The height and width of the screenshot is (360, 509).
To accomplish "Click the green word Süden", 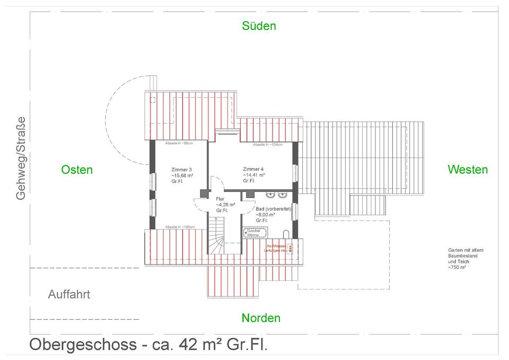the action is coord(259,26).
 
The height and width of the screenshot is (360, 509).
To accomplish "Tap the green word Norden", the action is coord(261,318).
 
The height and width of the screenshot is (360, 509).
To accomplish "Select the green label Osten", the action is coord(77,170).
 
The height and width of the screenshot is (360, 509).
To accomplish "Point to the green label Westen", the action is coord(468,170).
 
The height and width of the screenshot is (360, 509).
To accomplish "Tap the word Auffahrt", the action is coord(69,294).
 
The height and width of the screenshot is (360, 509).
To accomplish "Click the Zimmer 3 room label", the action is coord(181,169).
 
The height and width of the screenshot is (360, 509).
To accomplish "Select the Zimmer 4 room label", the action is coord(253,169).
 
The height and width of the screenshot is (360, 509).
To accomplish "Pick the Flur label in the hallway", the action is coord(220,198).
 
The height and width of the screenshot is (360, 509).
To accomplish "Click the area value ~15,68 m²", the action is coord(182,175).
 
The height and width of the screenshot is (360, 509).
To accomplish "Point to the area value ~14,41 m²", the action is coord(254,174).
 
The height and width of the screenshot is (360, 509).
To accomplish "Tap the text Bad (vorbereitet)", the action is coord(274,209).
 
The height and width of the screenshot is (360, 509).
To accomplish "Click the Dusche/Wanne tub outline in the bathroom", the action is coord(254,232).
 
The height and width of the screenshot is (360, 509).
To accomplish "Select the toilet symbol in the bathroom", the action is coord(287,234).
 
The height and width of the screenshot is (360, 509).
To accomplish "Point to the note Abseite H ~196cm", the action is coord(180,227).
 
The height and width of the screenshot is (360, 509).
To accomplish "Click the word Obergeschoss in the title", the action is coord(82,345).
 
